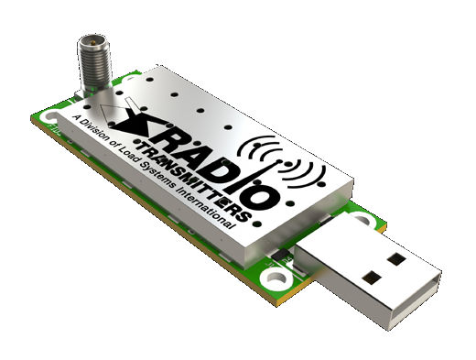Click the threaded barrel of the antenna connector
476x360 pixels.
(94, 63)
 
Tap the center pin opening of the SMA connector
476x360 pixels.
(92, 40)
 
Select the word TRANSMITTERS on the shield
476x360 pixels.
(193, 180)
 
